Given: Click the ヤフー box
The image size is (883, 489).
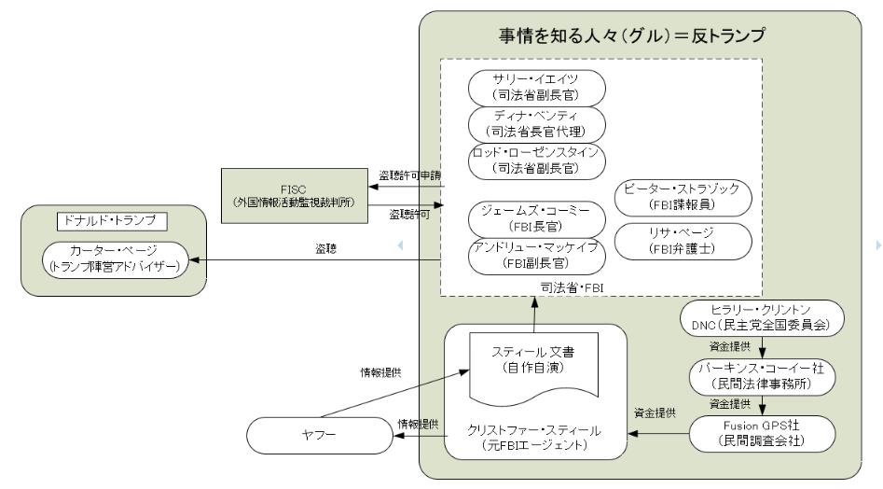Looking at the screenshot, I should click(x=318, y=436).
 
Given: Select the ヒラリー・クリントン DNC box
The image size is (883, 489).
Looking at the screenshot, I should click(x=762, y=318).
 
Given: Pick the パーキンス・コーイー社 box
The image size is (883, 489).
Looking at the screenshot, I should click(x=762, y=375).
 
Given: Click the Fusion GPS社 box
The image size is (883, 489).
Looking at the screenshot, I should click(x=762, y=435).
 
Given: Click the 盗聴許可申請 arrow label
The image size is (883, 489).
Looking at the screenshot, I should click(x=410, y=175).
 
